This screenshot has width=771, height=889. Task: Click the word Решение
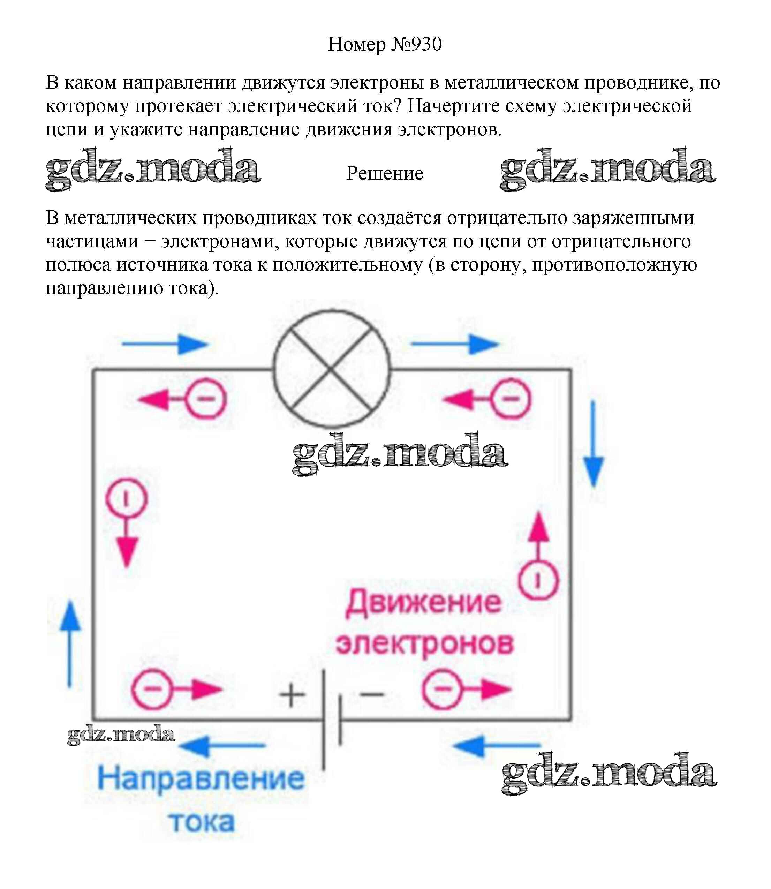point(385,173)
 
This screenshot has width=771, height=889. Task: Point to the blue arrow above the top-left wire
point(166,344)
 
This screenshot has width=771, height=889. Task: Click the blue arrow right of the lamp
point(455,344)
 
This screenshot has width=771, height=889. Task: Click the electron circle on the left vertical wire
point(127,499)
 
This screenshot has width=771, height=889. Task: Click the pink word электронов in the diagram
point(425,645)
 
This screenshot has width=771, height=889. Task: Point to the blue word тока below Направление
point(202,822)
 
